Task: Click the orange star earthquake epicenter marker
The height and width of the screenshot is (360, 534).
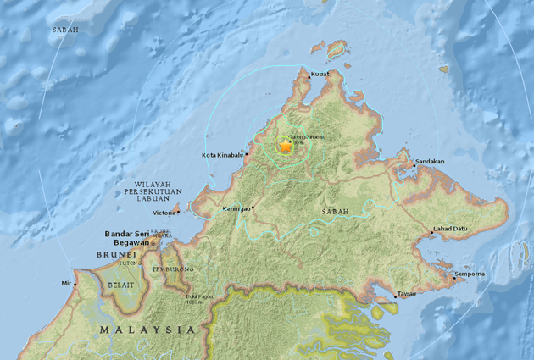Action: [286, 147]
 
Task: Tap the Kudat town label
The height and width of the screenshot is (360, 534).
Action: [321, 75]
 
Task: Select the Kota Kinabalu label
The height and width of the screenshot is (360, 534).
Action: [222, 155]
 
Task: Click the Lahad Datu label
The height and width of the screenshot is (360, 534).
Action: [450, 229]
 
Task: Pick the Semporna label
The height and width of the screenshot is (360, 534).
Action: [469, 274]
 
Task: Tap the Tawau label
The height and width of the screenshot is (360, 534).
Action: [408, 295]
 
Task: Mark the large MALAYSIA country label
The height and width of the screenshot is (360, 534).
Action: [147, 329]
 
